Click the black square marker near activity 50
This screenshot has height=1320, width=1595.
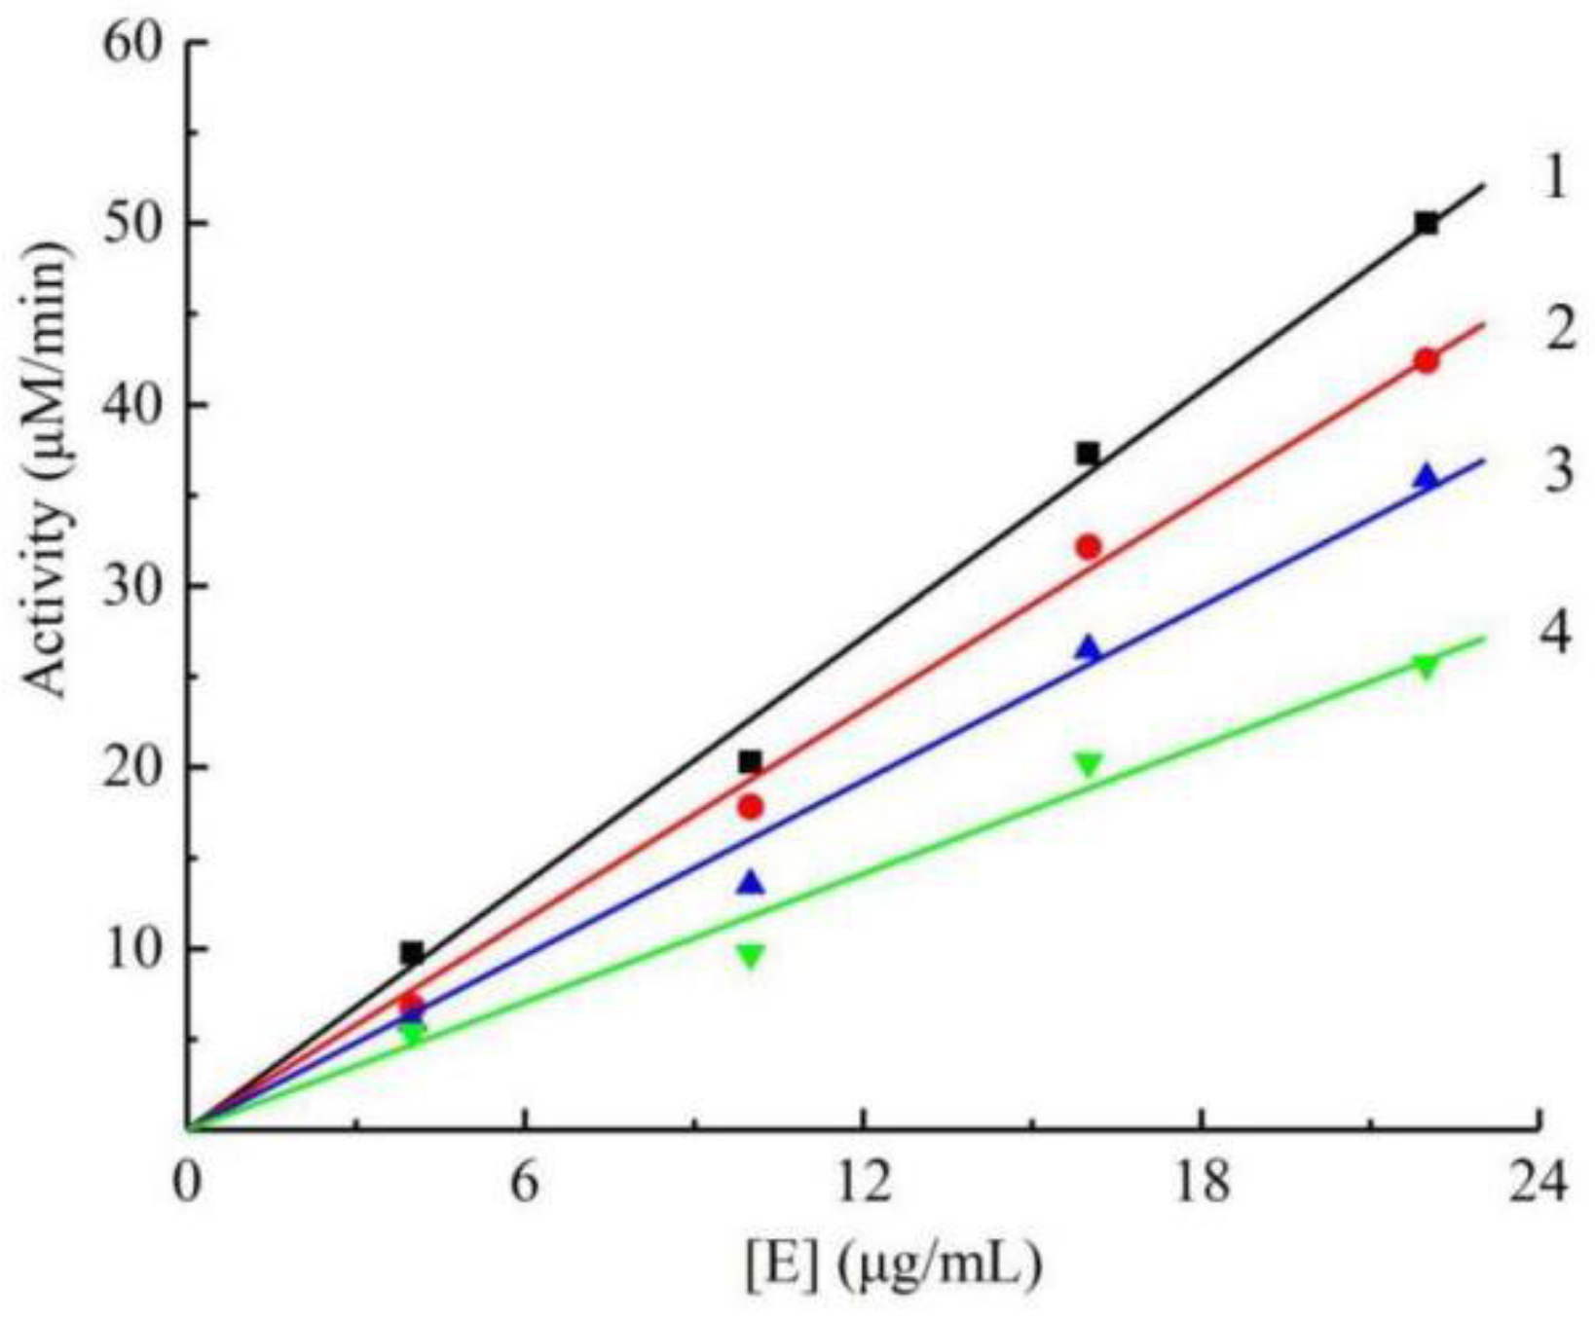coord(1426,224)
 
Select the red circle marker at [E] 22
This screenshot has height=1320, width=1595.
coord(1426,361)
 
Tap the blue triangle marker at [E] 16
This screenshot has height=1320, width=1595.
coord(1088,649)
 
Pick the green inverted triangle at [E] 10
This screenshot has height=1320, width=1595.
coord(750,956)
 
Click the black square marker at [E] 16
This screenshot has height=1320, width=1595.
coord(1088,454)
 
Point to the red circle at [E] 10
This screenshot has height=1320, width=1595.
coord(750,807)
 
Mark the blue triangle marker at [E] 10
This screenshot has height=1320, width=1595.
coord(751,884)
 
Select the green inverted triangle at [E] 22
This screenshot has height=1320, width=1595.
coord(1426,668)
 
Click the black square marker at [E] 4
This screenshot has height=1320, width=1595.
coord(412,953)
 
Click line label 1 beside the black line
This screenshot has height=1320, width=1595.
coord(1555,179)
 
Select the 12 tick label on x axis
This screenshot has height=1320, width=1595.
coord(863,1184)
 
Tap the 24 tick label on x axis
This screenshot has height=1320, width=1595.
coord(1537,1184)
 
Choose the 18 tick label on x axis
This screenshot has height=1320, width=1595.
coord(1200,1184)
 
